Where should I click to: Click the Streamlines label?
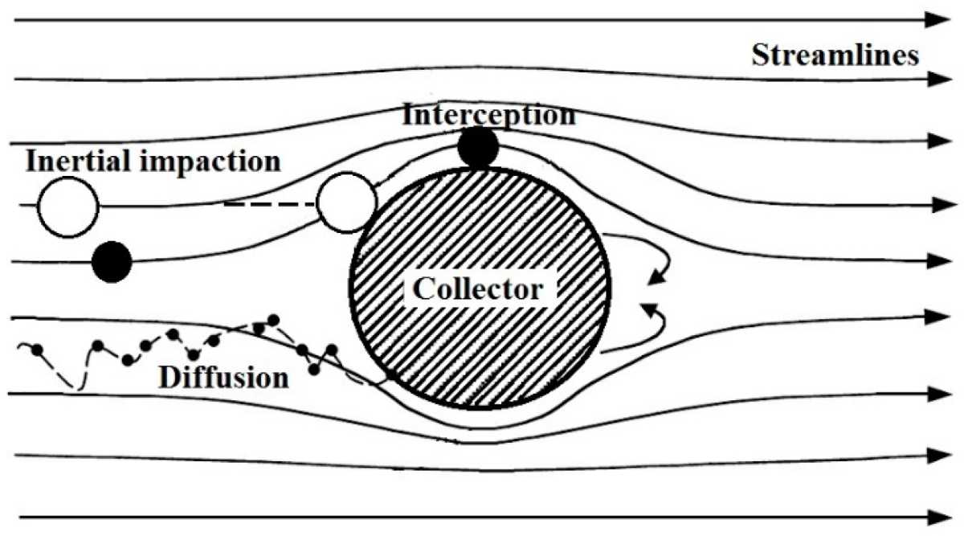pos(835,56)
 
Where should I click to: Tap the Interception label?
pos(489,115)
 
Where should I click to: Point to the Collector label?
pos(478,288)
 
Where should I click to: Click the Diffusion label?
pos(224,378)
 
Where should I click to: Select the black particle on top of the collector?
pos(478,148)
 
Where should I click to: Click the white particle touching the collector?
pos(347,203)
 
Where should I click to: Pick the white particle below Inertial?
pos(68,207)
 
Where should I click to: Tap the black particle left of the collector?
pos(112,262)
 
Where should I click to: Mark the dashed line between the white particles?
pos(270,203)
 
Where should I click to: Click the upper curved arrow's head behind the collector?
pos(657,276)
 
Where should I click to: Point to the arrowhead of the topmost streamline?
pos(938,20)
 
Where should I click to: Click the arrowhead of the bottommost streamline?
pos(938,517)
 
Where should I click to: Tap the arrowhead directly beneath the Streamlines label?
pos(939,80)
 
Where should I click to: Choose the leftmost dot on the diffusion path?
pos(37,350)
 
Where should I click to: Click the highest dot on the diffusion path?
pos(274,321)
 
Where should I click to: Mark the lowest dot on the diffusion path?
pos(315,370)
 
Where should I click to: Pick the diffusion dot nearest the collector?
pos(331,349)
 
